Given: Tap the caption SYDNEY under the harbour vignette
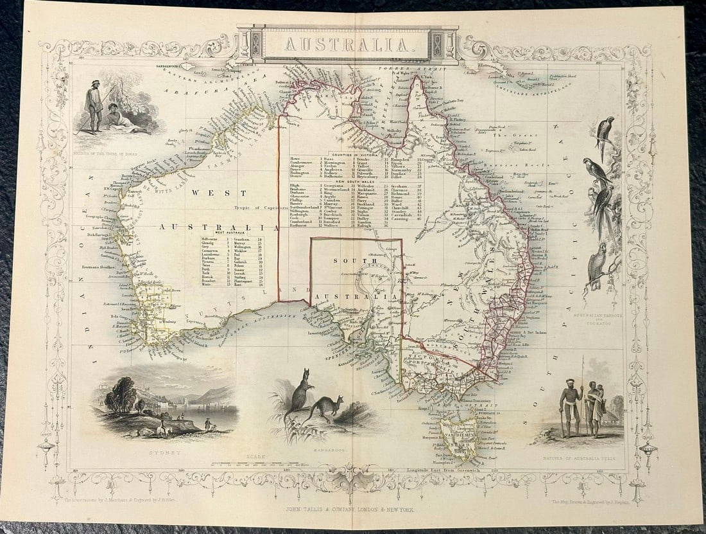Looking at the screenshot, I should [162, 452].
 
